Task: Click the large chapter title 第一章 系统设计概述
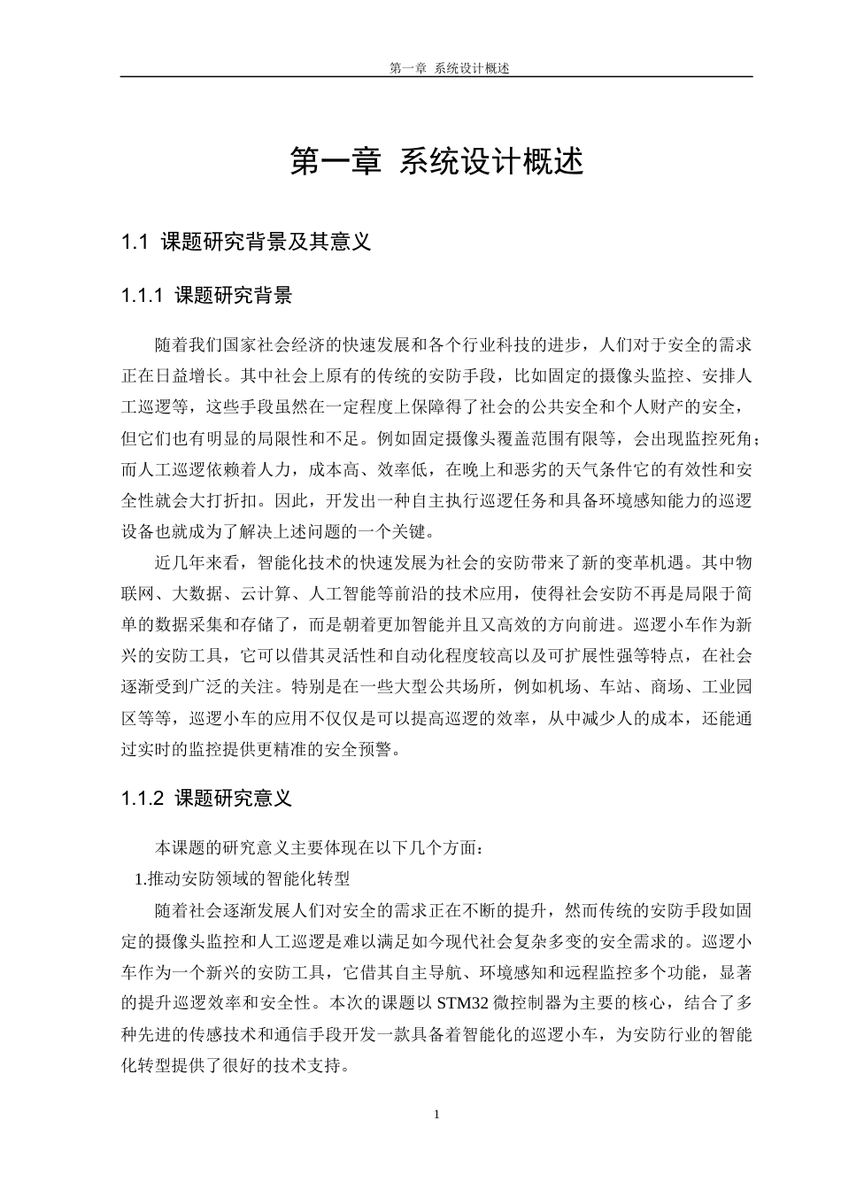click(437, 162)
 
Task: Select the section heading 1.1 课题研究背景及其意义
click(245, 242)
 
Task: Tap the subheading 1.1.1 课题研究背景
click(206, 296)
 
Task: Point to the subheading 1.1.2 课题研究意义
click(206, 799)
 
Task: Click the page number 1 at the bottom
click(436, 1114)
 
